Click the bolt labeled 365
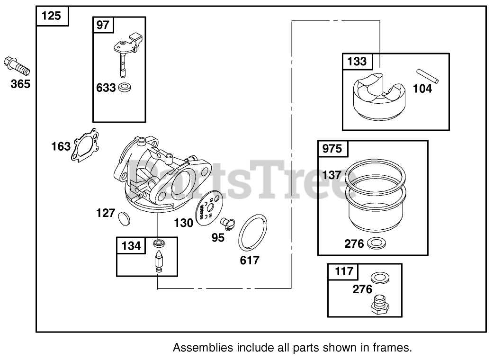(x=17, y=66)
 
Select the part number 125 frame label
(x=52, y=16)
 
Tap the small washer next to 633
(x=125, y=87)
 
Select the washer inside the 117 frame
(x=378, y=278)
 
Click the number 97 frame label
(x=103, y=25)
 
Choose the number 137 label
(x=332, y=175)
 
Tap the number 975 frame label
(x=332, y=149)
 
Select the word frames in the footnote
(x=394, y=348)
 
